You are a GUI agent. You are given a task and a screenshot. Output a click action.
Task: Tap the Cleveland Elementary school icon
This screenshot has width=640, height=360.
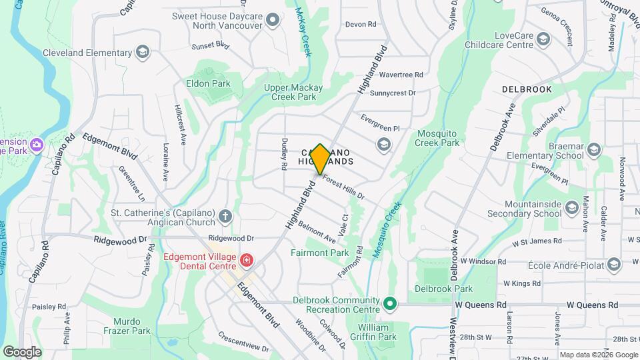141,53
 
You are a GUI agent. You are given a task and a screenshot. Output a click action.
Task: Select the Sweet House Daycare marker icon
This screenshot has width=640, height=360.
272,20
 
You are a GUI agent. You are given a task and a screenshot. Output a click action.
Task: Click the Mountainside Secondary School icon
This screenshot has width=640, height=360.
571,209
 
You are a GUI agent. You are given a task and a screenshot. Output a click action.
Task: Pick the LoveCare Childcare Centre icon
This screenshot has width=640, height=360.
545,41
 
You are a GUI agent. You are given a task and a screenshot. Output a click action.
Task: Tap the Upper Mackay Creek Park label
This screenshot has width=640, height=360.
293,92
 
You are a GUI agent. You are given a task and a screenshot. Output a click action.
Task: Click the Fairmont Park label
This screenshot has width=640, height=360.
319,253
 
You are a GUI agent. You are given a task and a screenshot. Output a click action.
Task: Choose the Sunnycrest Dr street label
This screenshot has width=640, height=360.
393,93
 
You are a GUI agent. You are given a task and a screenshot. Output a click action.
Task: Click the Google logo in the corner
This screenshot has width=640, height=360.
22,351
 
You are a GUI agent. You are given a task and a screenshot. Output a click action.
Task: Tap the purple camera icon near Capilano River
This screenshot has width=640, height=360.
37,144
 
